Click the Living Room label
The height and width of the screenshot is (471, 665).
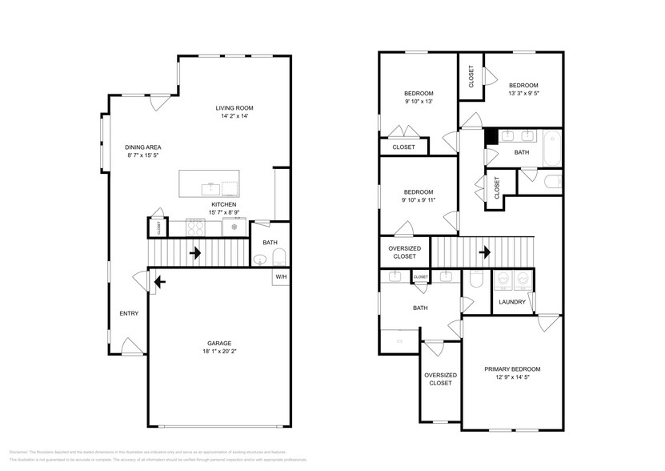(234, 108)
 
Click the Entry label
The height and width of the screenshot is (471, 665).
(128, 313)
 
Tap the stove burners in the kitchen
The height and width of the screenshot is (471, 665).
(196, 227)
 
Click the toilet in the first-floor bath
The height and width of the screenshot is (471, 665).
(278, 258)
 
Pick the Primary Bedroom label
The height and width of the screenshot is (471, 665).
(512, 369)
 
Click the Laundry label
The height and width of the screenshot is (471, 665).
(511, 302)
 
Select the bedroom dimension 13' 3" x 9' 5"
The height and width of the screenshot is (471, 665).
(523, 94)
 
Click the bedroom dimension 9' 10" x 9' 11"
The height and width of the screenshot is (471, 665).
(418, 199)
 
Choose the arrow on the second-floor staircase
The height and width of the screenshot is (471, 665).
(484, 253)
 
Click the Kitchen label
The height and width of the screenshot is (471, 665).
(223, 204)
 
